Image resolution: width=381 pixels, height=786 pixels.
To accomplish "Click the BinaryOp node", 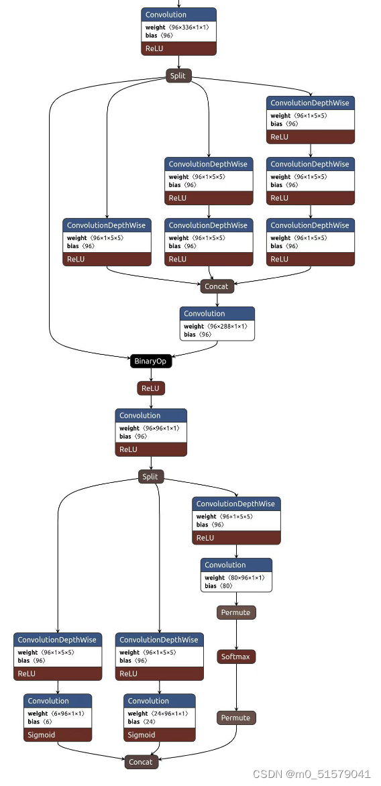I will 151,361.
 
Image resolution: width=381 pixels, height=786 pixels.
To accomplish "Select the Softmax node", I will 236,657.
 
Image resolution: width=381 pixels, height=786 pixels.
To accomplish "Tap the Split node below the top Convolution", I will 178,76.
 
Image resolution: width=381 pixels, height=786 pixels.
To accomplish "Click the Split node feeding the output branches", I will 151,477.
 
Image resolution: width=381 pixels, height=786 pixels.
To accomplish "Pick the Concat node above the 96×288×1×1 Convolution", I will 217,286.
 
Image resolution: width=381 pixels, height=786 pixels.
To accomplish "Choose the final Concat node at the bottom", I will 141,762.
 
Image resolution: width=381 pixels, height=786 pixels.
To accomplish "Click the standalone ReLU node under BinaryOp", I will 151,388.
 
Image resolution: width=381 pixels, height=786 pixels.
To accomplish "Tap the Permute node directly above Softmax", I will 236,612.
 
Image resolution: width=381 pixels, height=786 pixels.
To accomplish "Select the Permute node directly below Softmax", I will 236,718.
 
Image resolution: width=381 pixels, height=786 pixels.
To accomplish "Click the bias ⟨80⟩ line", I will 219,585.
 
